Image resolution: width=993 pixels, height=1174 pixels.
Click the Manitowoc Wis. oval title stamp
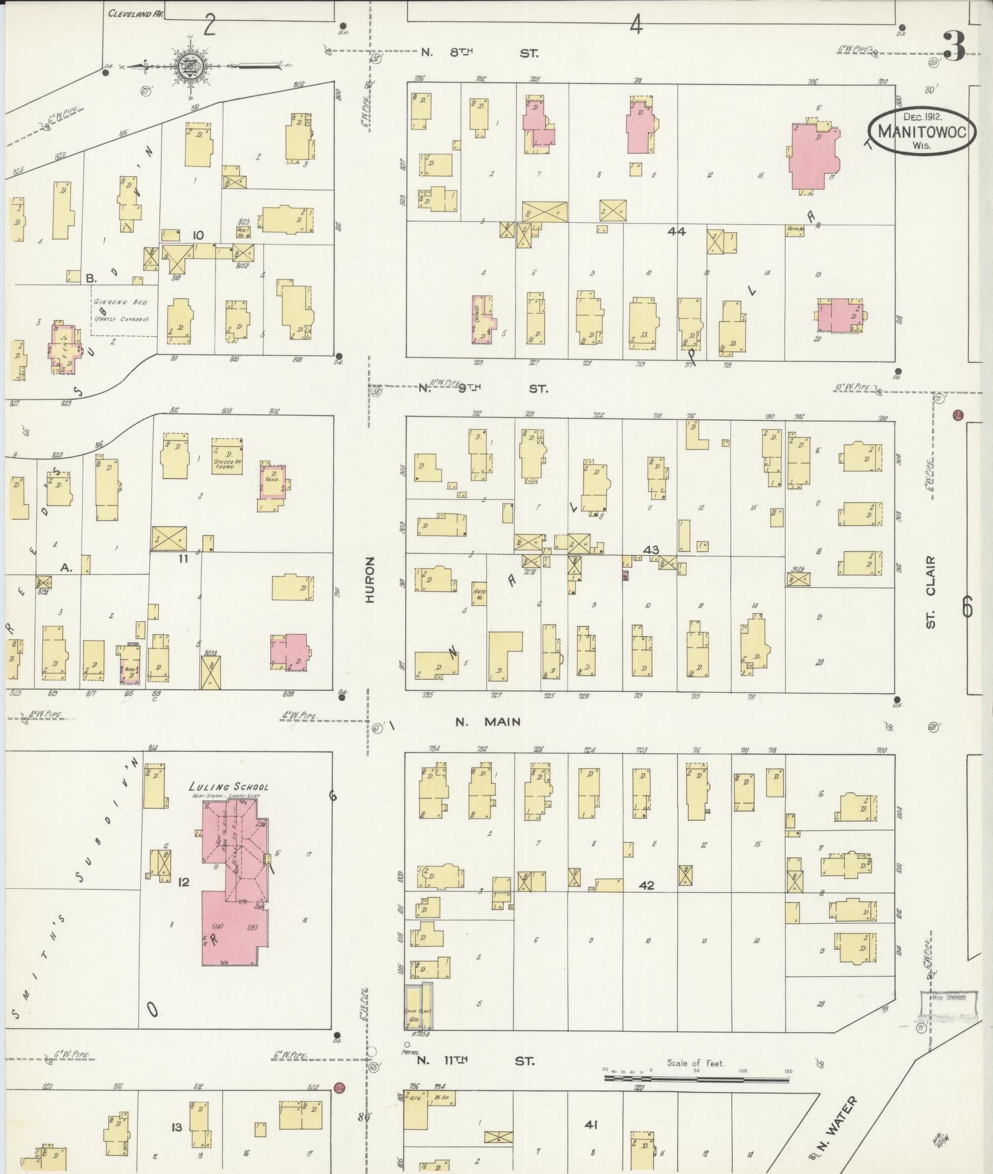[x=922, y=131]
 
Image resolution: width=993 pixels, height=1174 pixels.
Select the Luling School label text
[x=228, y=787]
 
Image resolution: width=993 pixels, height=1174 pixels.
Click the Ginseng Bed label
[x=121, y=302]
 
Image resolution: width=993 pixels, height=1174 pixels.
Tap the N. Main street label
[x=487, y=722]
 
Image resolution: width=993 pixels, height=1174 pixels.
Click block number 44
[x=676, y=231]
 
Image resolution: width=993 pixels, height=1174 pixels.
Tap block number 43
[x=651, y=550]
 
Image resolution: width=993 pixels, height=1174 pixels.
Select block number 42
[x=646, y=885]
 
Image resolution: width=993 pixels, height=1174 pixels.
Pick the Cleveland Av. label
[x=135, y=13]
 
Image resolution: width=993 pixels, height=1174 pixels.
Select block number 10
[x=198, y=235]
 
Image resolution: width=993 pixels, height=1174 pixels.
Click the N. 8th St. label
[x=479, y=54]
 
